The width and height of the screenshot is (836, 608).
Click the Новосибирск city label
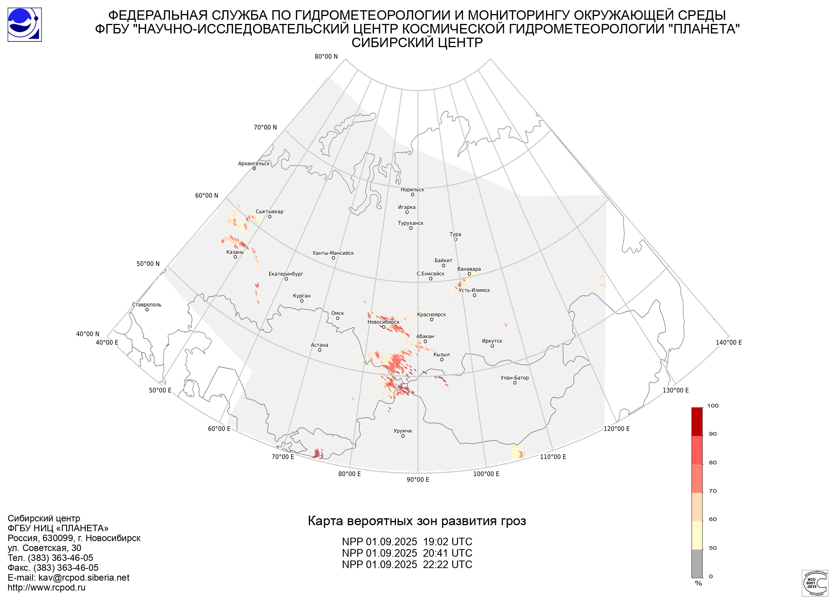click(x=383, y=322)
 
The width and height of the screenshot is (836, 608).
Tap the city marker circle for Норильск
click(x=412, y=195)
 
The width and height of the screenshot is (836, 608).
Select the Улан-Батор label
click(x=515, y=378)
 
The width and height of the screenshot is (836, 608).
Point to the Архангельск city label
click(x=254, y=164)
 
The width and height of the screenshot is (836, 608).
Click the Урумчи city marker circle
click(x=403, y=436)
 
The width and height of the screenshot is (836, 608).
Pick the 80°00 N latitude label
click(x=326, y=57)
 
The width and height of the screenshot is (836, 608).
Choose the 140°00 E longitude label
click(x=729, y=342)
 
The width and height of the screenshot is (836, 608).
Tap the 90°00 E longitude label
click(x=418, y=480)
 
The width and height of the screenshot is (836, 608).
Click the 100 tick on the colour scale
click(x=713, y=406)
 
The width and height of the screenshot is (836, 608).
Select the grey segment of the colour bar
click(x=697, y=564)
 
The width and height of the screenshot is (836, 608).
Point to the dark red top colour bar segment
click(x=697, y=422)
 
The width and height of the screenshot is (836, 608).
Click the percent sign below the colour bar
click(x=698, y=583)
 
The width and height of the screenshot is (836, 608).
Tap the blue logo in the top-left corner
click(x=25, y=25)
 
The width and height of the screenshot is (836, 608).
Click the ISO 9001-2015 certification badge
click(x=815, y=583)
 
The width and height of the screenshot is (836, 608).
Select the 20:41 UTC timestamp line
click(x=407, y=553)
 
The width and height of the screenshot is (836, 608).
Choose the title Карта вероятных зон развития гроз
click(x=417, y=521)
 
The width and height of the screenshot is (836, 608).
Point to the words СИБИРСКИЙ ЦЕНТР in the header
click(x=417, y=43)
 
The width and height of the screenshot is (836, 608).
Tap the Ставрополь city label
click(x=147, y=305)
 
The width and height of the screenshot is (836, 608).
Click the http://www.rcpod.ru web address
click(x=46, y=587)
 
